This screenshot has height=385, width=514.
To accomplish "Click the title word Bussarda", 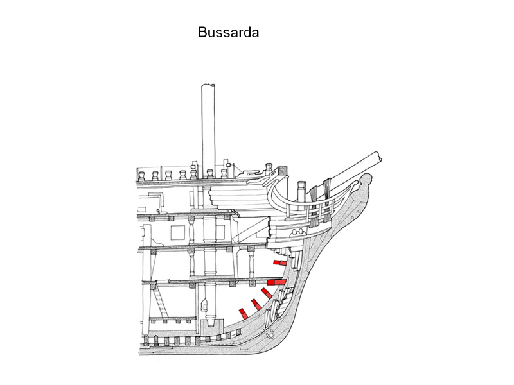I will [x=229, y=33].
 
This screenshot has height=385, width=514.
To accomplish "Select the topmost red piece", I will [x=279, y=262].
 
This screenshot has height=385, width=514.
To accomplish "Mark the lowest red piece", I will [x=243, y=312].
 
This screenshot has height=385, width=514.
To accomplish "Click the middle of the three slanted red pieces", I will [x=256, y=304].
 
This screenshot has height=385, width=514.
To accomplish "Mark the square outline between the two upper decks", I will [x=157, y=200].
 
